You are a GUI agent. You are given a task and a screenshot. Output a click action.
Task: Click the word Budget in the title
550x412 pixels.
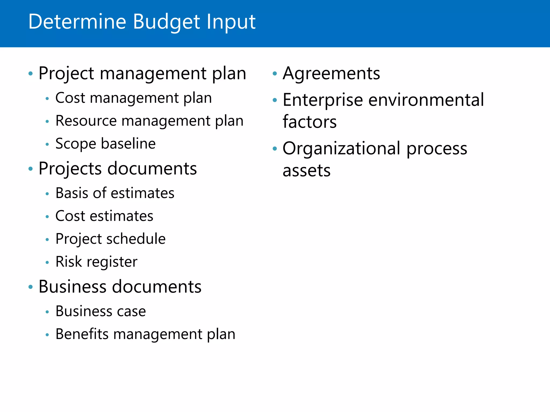tap(167, 22)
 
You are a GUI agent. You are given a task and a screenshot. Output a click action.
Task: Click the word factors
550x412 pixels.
tap(309, 122)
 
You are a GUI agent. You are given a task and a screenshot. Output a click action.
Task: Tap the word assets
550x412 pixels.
tap(306, 171)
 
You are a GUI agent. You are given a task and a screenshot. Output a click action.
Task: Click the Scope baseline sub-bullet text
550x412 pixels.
tap(106, 144)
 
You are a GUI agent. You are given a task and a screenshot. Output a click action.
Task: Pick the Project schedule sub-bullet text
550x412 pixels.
tap(110, 239)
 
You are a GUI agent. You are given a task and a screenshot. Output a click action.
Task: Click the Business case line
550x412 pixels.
tap(101, 311)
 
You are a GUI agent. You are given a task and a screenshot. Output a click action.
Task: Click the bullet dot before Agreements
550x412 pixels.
tap(274, 73)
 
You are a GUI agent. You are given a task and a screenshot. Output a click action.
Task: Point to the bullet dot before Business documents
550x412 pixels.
tap(31, 287)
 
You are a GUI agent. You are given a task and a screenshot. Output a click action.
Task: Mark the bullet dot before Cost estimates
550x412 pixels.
tap(47, 216)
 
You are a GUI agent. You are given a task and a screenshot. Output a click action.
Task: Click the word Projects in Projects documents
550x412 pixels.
tap(70, 169)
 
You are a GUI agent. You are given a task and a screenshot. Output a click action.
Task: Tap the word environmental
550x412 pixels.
tap(426, 100)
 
